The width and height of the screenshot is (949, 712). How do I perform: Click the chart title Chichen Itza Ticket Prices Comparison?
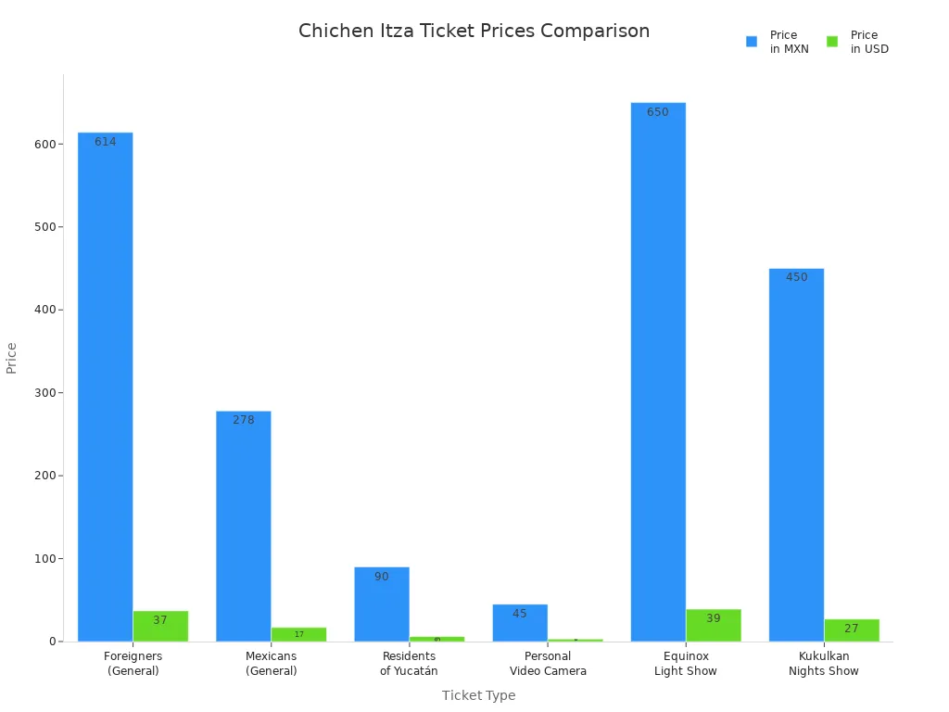tap(474, 32)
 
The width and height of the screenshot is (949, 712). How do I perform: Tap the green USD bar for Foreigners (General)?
tap(160, 626)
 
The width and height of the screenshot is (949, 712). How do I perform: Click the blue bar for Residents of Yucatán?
tap(382, 604)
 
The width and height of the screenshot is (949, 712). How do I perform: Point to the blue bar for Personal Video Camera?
tap(520, 623)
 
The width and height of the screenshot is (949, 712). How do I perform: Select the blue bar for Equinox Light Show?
tap(658, 372)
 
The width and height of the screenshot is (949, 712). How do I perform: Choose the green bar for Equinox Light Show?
tap(714, 625)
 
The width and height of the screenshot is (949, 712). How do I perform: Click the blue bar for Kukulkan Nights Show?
tap(796, 454)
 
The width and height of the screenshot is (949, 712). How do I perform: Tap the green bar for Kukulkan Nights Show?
tap(852, 630)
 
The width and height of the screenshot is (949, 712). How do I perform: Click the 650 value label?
tap(658, 112)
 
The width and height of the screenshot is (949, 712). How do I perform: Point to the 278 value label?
tap(244, 420)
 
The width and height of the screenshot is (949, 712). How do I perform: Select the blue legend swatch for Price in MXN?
tap(752, 42)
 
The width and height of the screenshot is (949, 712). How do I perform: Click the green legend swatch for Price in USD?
tap(832, 42)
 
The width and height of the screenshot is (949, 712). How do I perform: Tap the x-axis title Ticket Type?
tap(478, 695)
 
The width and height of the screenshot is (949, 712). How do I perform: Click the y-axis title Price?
tap(12, 358)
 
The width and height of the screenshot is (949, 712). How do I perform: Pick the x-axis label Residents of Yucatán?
tap(409, 664)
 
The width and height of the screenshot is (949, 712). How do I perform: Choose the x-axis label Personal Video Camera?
tap(548, 664)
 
